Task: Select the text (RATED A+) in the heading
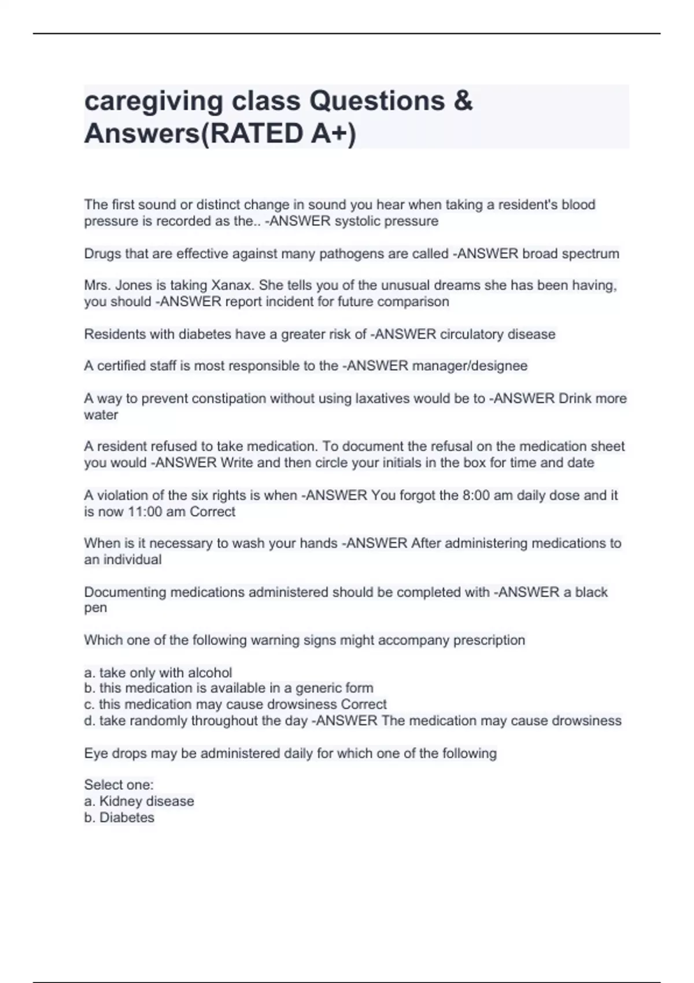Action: [278, 134]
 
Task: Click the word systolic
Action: [357, 221]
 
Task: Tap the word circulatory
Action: [471, 334]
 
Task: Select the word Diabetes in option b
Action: [127, 817]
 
